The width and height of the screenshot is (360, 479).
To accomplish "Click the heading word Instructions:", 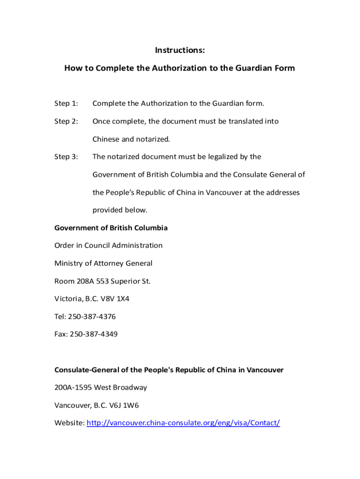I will click(x=180, y=50).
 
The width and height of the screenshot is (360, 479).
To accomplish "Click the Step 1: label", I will click(x=66, y=103).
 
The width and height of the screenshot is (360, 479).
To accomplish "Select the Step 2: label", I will click(x=66, y=121).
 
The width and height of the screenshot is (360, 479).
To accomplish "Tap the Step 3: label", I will click(x=66, y=157).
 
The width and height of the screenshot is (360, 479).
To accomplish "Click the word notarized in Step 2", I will click(x=153, y=139).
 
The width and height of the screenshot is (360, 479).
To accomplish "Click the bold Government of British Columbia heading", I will click(x=111, y=228).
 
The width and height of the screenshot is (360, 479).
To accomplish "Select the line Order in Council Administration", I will click(x=108, y=246).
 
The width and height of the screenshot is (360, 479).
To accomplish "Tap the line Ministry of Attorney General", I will click(x=103, y=263).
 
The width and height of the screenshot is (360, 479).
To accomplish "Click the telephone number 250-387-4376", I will click(x=92, y=317).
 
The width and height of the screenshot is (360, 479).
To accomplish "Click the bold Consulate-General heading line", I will click(x=169, y=370).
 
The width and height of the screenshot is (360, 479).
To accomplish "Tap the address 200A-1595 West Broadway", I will click(x=101, y=387).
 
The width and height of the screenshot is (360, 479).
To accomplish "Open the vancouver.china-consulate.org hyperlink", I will click(x=183, y=423).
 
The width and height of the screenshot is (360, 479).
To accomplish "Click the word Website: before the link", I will click(x=70, y=423).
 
